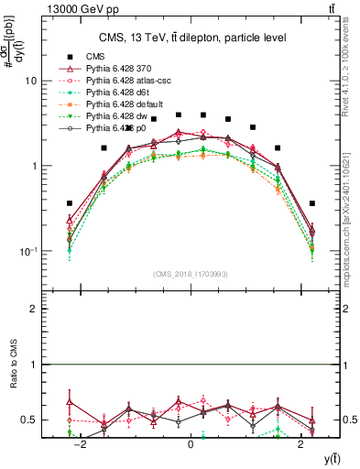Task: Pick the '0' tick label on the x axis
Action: pos(191,444)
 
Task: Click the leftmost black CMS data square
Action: pos(70,203)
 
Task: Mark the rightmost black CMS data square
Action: pos(312,203)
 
